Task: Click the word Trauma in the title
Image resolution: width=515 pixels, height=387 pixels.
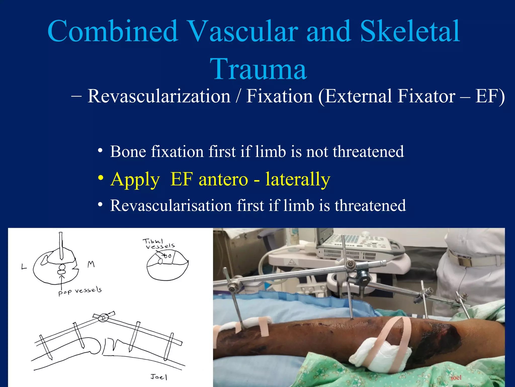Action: tap(258, 69)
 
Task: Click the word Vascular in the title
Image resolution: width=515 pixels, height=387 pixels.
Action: tap(243, 31)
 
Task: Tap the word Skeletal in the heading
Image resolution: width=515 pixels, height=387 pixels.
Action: tap(410, 31)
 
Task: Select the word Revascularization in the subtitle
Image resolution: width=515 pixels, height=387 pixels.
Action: tap(159, 96)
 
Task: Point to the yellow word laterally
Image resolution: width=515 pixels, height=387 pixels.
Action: tap(298, 179)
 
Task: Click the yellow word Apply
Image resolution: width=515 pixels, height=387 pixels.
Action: tap(135, 179)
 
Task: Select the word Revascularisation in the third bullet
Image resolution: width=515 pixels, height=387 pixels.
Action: tap(171, 205)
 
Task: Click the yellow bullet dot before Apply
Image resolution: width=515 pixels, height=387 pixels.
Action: tap(101, 178)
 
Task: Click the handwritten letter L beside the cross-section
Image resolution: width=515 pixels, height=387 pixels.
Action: tap(24, 267)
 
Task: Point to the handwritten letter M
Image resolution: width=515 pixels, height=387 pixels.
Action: tap(91, 264)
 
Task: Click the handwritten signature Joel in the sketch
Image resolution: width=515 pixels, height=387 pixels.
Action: tap(159, 377)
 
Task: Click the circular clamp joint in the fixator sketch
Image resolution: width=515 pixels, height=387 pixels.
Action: tap(103, 318)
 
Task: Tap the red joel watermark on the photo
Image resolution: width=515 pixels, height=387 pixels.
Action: tap(456, 377)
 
